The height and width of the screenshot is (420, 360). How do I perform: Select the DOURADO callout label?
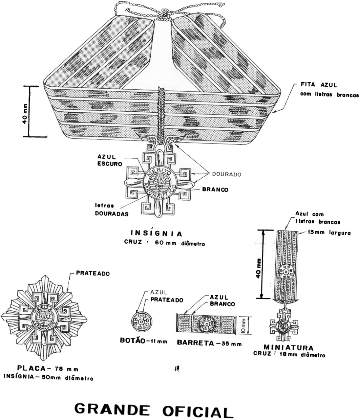[x=227, y=174]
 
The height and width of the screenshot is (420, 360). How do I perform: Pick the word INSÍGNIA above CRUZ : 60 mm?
[x=156, y=234]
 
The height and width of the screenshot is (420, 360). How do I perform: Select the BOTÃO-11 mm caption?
[x=144, y=341]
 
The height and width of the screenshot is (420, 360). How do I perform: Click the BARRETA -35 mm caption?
[x=209, y=343]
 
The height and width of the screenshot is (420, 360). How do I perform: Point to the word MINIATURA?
[x=289, y=348]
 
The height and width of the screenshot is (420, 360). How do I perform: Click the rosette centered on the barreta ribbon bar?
[x=207, y=324]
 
